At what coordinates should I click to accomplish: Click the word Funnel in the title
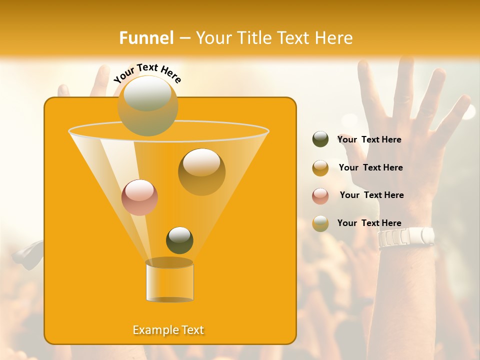pos(146,38)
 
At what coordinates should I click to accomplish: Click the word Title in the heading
pos(253,38)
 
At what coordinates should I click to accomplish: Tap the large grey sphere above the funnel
pos(147,105)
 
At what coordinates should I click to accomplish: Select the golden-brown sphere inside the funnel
pos(201,172)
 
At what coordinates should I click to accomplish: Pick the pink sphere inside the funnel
pos(139,197)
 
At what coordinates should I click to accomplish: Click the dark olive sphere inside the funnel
pos(179,240)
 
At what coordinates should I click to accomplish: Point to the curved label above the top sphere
pos(147,72)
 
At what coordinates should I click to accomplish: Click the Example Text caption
pos(168,330)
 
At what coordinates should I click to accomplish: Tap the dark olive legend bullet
pos(320,139)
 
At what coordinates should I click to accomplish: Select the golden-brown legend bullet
pos(320,168)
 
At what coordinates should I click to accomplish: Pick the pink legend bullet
pos(320,195)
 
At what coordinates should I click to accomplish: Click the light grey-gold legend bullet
pos(320,223)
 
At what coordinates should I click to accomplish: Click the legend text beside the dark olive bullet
pos(369,139)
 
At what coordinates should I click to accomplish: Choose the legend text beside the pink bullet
pos(371,195)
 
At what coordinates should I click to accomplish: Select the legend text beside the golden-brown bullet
pos(370,167)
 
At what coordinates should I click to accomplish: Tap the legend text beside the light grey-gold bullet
pos(369,223)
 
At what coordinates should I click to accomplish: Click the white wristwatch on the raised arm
pos(405,237)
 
